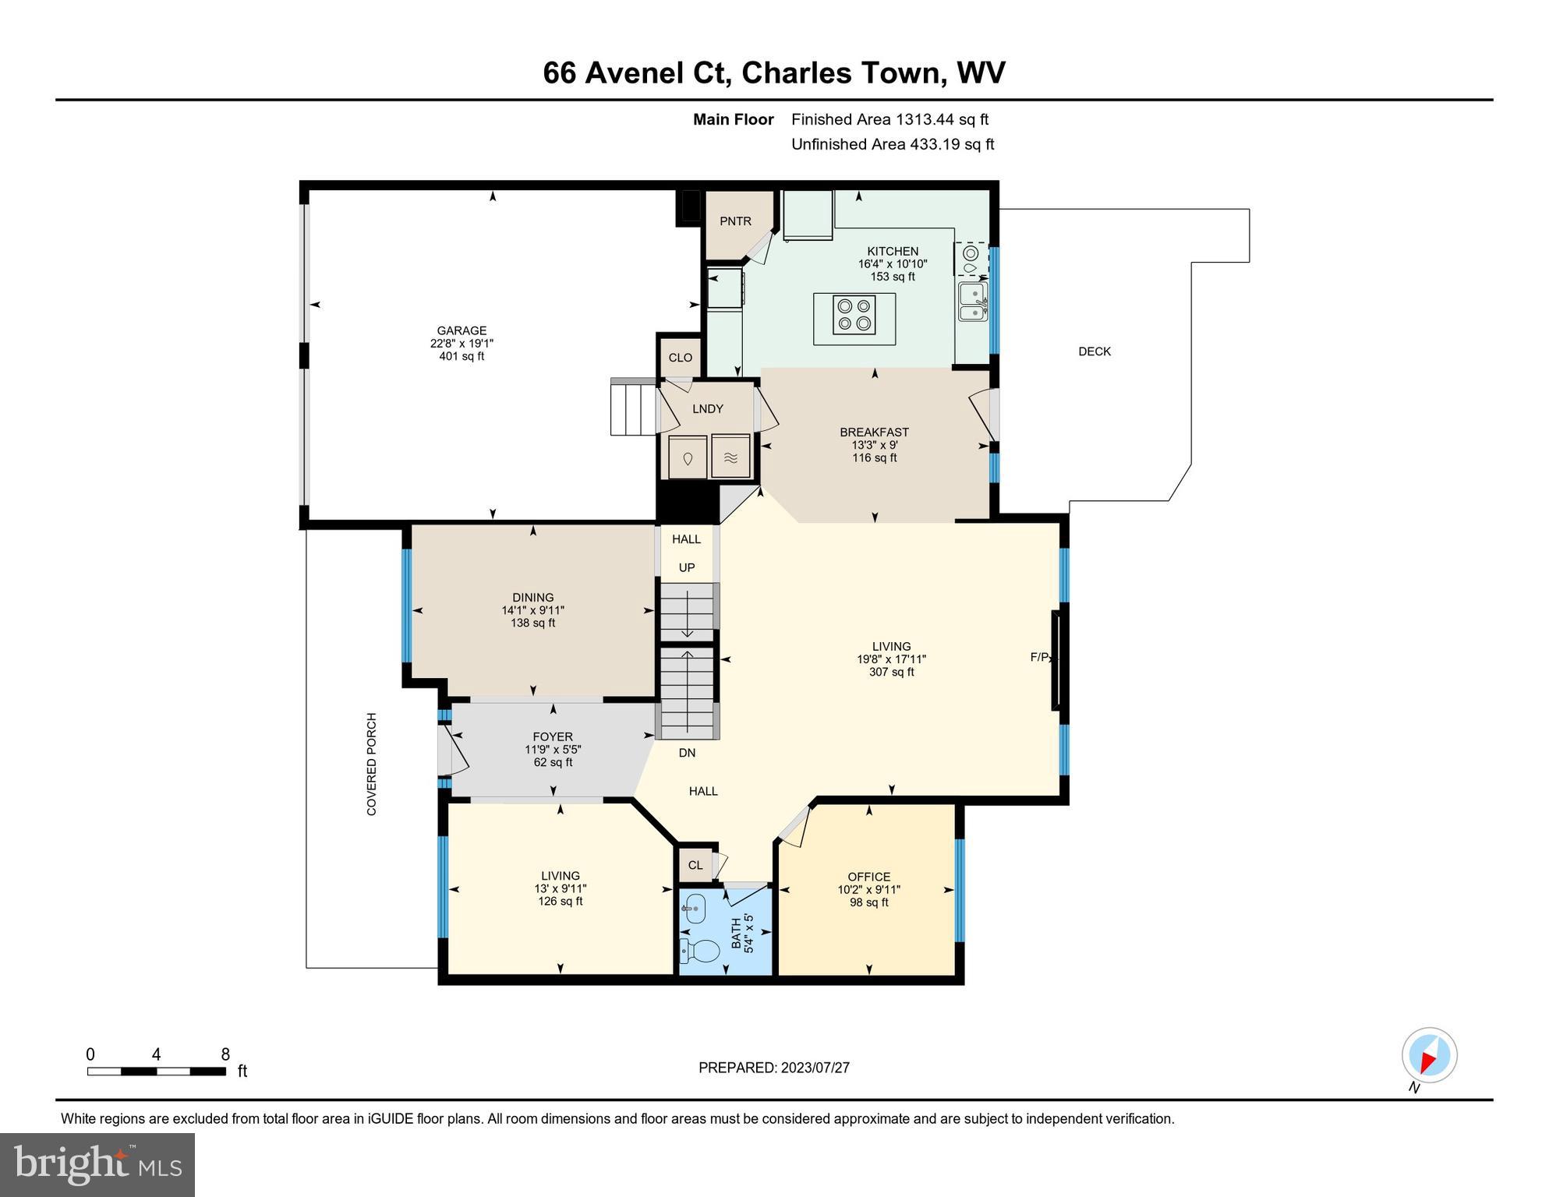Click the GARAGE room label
pos(462,330)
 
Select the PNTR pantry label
pos(735,221)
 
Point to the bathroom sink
pos(694,908)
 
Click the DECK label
pos(1094,351)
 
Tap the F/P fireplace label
pos(1040,658)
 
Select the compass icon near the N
pos(1429,1055)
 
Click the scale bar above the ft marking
pos(156,1072)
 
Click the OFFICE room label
pos(868,877)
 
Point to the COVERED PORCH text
pos(372,764)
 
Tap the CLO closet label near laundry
pos(680,358)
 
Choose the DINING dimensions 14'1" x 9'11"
pos(532,611)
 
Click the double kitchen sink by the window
pos(971,302)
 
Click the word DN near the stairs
pos(687,753)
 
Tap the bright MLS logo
pos(97,1164)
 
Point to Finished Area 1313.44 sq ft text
pos(889,119)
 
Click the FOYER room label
pos(553,736)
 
